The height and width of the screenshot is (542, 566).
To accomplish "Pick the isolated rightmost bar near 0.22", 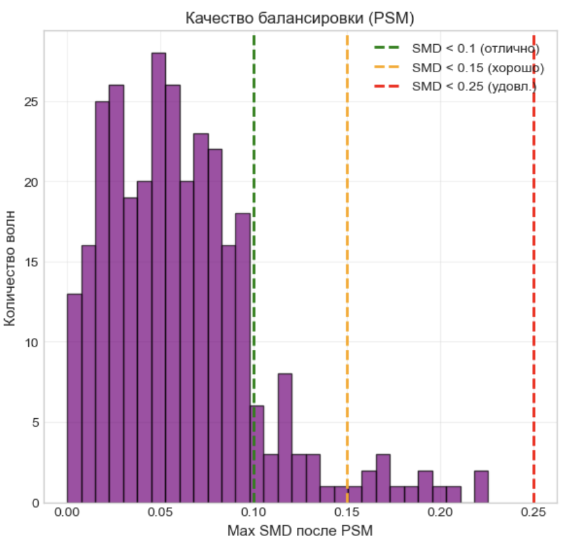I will pos(481,487).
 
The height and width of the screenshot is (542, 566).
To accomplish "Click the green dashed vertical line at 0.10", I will pos(254,201).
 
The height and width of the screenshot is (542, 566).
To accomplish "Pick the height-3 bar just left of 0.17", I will pos(383,479).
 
